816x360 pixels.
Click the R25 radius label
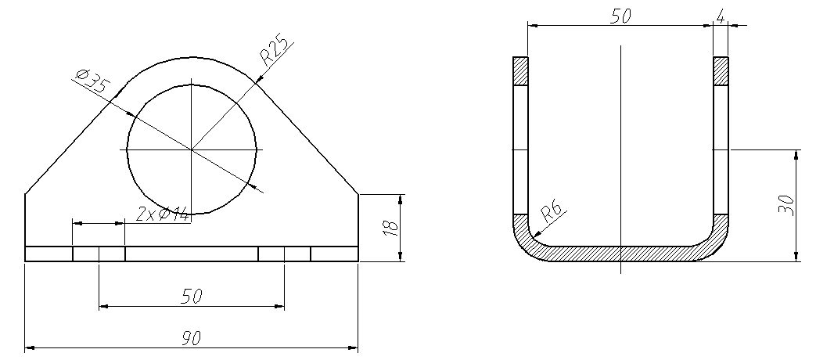click(275, 52)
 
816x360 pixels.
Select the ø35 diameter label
click(90, 81)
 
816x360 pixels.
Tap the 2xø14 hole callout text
click(163, 214)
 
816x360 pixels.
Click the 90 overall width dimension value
click(191, 338)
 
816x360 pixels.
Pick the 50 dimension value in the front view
click(191, 297)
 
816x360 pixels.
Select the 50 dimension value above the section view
click(620, 16)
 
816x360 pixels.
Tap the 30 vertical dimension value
click(787, 204)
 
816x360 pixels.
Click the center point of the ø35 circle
click(192, 149)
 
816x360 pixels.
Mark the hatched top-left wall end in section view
click(520, 70)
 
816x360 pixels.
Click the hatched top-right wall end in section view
click(721, 70)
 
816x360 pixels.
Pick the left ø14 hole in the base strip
click(99, 254)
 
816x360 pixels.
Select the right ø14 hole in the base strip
click(284, 254)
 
